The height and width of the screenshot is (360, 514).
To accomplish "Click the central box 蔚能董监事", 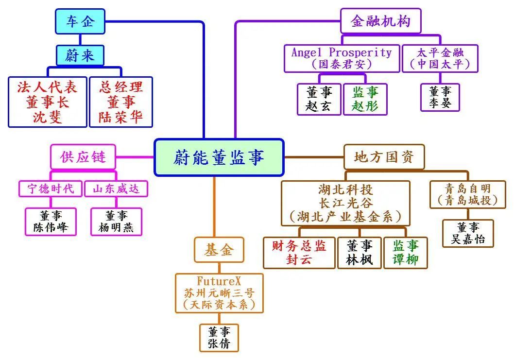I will (x=219, y=157).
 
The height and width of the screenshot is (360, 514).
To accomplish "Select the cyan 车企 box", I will (x=79, y=21).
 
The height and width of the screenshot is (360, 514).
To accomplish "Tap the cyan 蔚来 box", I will (x=79, y=55).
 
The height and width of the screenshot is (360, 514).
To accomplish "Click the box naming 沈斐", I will (x=47, y=102).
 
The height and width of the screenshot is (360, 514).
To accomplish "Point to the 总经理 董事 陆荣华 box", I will (x=121, y=102).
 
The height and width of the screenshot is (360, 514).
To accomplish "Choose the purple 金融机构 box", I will (x=380, y=21).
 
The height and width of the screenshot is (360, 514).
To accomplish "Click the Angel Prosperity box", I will (x=342, y=58).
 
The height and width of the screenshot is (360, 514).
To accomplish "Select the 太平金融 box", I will (x=440, y=58).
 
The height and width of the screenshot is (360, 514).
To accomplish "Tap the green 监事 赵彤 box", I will (x=365, y=99).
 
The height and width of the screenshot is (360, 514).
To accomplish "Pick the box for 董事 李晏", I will (x=440, y=97).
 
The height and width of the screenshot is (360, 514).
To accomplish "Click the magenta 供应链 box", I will (x=83, y=157).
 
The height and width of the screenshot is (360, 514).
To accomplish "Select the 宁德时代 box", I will (x=51, y=189).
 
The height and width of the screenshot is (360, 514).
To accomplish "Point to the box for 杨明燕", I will (x=116, y=222).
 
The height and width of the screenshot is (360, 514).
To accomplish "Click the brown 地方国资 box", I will (x=384, y=157).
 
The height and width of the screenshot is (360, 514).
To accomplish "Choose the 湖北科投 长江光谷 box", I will (x=345, y=203).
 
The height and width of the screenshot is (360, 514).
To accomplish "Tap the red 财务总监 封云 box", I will (x=299, y=253).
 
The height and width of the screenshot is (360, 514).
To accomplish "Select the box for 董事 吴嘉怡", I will (x=467, y=233).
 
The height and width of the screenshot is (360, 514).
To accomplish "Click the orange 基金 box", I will (x=219, y=250).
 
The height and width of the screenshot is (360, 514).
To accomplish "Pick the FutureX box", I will (x=219, y=293).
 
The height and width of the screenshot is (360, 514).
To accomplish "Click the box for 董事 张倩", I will (x=219, y=338).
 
